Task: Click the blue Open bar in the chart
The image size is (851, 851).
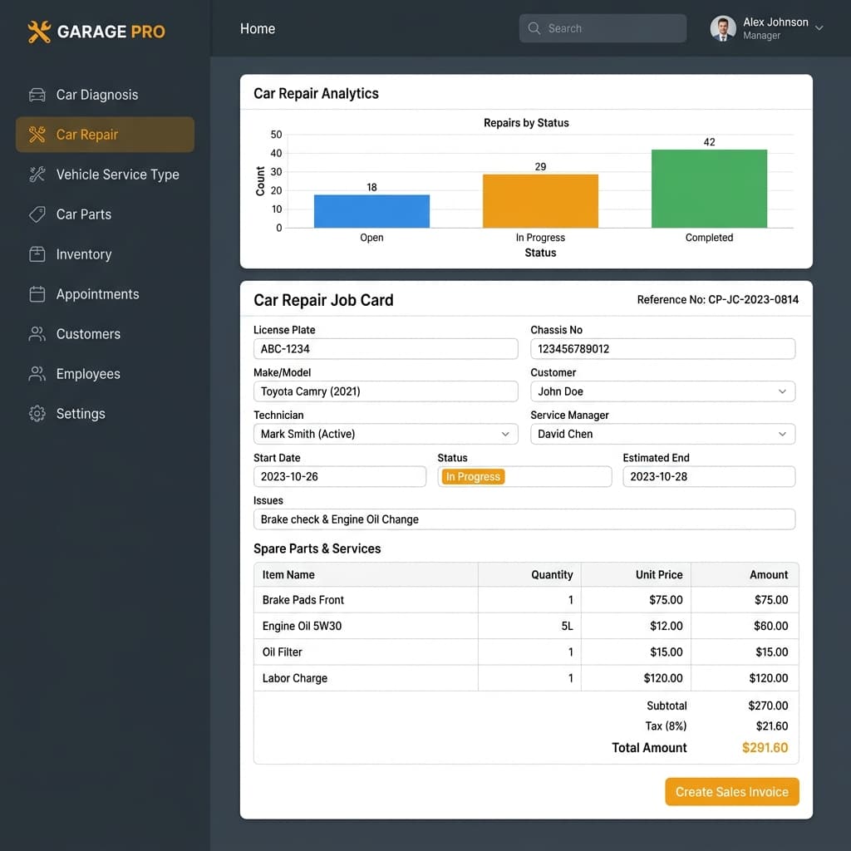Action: click(371, 211)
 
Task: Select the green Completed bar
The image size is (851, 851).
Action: click(709, 189)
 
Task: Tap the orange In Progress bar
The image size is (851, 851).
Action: click(540, 201)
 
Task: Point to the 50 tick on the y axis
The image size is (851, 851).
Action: click(276, 134)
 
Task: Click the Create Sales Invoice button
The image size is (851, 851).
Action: click(731, 792)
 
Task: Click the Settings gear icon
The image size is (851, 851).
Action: click(37, 414)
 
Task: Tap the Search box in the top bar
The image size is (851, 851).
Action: click(603, 28)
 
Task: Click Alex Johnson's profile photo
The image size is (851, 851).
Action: click(723, 28)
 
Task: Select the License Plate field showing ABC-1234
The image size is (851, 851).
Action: click(386, 348)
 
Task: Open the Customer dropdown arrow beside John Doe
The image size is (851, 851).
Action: click(782, 391)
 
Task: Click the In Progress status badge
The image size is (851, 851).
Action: click(473, 476)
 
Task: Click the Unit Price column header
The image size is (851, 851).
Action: click(659, 575)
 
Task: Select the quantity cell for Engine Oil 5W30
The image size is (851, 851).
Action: click(529, 626)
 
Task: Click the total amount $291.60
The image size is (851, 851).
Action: click(765, 748)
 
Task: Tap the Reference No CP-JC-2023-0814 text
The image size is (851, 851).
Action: click(717, 299)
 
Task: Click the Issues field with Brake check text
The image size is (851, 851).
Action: click(524, 519)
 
